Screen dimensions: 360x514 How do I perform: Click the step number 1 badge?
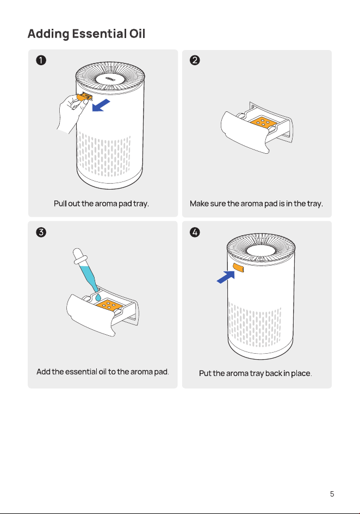[x=41, y=60]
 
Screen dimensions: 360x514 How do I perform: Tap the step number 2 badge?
[x=195, y=60]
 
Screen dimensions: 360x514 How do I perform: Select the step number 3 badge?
[x=41, y=232]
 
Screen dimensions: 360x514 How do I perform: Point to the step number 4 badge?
[x=195, y=232]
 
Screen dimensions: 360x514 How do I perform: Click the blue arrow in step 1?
[x=101, y=106]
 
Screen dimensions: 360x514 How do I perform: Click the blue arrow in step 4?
[x=226, y=277]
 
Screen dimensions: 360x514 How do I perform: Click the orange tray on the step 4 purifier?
[x=238, y=267]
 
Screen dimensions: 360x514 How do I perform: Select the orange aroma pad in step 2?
[x=264, y=122]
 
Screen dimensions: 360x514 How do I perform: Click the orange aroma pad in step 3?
[x=109, y=305]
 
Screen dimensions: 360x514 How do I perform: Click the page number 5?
[x=332, y=494]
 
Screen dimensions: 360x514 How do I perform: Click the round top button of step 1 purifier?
[x=110, y=79]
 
